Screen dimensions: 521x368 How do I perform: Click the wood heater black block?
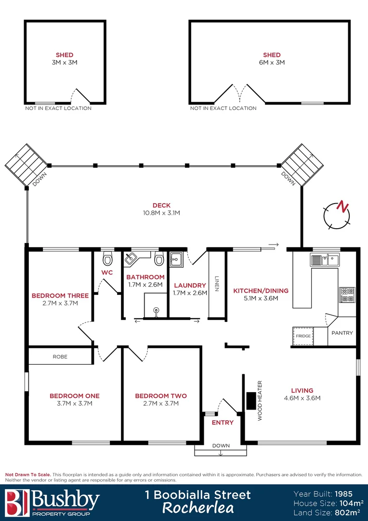click(251, 401)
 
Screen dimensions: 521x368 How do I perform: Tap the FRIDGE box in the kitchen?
click(303, 336)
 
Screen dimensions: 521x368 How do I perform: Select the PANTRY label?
click(342, 333)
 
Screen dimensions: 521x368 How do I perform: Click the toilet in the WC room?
click(107, 260)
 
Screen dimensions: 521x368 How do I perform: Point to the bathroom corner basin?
click(131, 260)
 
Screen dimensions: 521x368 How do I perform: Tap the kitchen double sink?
click(325, 260)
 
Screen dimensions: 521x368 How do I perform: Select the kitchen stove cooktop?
click(347, 294)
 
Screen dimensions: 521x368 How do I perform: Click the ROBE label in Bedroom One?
click(60, 357)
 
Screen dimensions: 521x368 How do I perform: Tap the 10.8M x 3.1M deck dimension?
click(161, 213)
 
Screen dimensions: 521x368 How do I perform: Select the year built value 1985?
click(346, 494)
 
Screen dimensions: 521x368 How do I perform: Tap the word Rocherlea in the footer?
click(198, 507)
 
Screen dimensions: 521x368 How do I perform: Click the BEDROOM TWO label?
click(161, 396)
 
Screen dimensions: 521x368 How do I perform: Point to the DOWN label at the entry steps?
click(221, 445)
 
